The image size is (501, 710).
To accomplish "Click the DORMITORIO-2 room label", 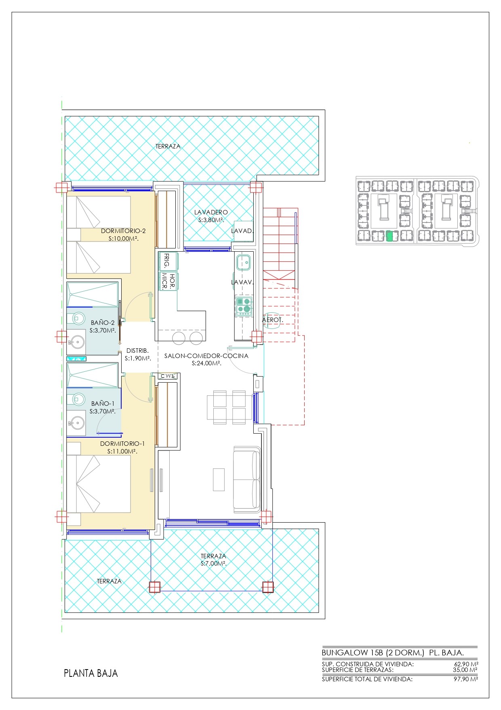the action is pos(123,231).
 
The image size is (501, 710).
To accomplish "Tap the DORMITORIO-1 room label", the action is pos(122,444).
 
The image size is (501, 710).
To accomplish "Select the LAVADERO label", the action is pos(211,212).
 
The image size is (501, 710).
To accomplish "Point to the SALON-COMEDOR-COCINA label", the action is pos(206,356).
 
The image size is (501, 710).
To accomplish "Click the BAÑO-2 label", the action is pos(103,323).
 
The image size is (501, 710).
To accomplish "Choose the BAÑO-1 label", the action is pos(103,403).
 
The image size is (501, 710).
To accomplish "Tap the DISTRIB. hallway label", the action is pos(137,351).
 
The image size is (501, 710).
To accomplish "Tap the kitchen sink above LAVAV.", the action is pos(244,263).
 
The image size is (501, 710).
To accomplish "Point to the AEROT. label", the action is pos(273,320).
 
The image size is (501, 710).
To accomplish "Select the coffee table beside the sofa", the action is pos(219,479).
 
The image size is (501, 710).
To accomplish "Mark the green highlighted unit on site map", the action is pos(389,236).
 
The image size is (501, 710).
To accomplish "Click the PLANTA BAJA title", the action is pos(91,673).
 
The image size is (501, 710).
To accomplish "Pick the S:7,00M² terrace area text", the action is pos(213,564).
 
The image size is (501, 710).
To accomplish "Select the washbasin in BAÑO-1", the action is pos(76,424).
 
